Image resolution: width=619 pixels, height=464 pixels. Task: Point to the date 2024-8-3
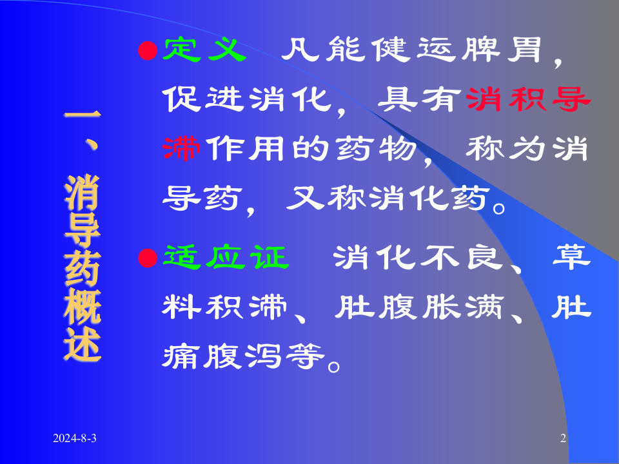pyautogui.click(x=75, y=439)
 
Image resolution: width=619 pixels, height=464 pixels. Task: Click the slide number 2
pyautogui.click(x=563, y=439)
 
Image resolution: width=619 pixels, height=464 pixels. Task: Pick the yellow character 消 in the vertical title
pyautogui.click(x=83, y=193)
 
